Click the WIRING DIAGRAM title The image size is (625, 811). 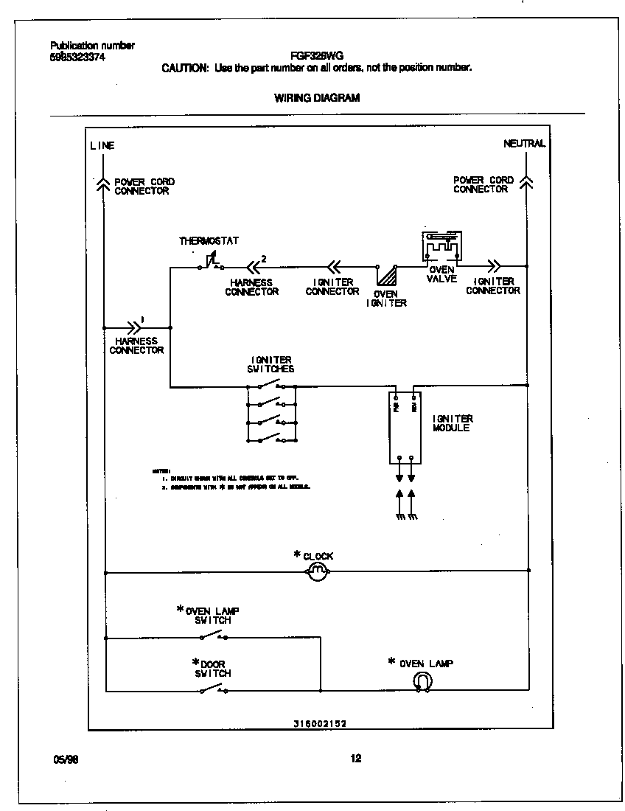[317, 97]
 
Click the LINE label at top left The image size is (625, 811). [102, 145]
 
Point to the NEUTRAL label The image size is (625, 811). [524, 144]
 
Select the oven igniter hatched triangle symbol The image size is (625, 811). [386, 276]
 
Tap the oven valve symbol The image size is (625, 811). [441, 246]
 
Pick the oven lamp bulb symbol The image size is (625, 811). [423, 683]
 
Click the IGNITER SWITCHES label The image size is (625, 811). [272, 364]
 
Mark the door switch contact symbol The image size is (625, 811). [213, 689]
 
